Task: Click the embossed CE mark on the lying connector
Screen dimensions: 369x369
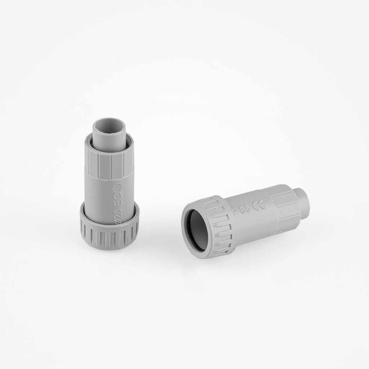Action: tap(259, 206)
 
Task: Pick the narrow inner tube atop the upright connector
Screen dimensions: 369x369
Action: tap(109, 135)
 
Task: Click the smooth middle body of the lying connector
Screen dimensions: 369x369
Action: tap(252, 220)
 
